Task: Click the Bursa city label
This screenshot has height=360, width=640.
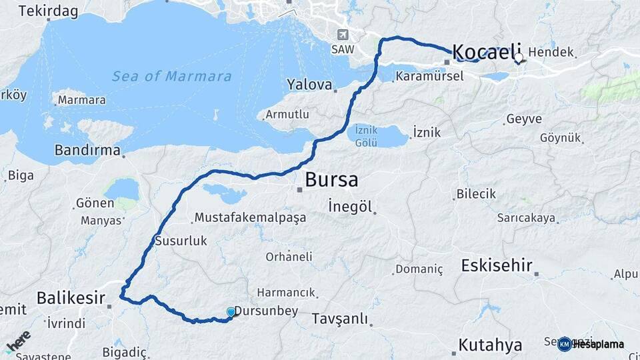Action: pyautogui.click(x=331, y=179)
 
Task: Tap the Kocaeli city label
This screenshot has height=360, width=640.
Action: pyautogui.click(x=486, y=52)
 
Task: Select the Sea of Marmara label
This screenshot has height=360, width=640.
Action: pyautogui.click(x=172, y=76)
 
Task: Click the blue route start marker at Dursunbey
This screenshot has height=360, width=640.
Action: pyautogui.click(x=231, y=312)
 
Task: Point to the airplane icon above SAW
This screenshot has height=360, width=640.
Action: pyautogui.click(x=343, y=35)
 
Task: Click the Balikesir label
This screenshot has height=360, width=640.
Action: pyautogui.click(x=71, y=297)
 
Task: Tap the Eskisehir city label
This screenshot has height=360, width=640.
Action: pyautogui.click(x=497, y=265)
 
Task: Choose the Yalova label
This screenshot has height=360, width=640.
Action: pyautogui.click(x=309, y=85)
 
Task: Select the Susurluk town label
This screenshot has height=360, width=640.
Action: pyautogui.click(x=181, y=241)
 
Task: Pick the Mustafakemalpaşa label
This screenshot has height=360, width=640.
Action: pyautogui.click(x=249, y=217)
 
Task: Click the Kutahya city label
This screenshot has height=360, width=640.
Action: pyautogui.click(x=490, y=345)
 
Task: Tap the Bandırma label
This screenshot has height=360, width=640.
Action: pyautogui.click(x=87, y=150)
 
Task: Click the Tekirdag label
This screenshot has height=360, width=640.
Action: pyautogui.click(x=48, y=11)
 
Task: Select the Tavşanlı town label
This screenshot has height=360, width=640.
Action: pyautogui.click(x=340, y=319)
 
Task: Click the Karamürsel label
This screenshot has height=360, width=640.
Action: pyautogui.click(x=429, y=76)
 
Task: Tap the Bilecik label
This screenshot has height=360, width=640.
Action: pyautogui.click(x=476, y=194)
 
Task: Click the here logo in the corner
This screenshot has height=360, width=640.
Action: pyautogui.click(x=18, y=341)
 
